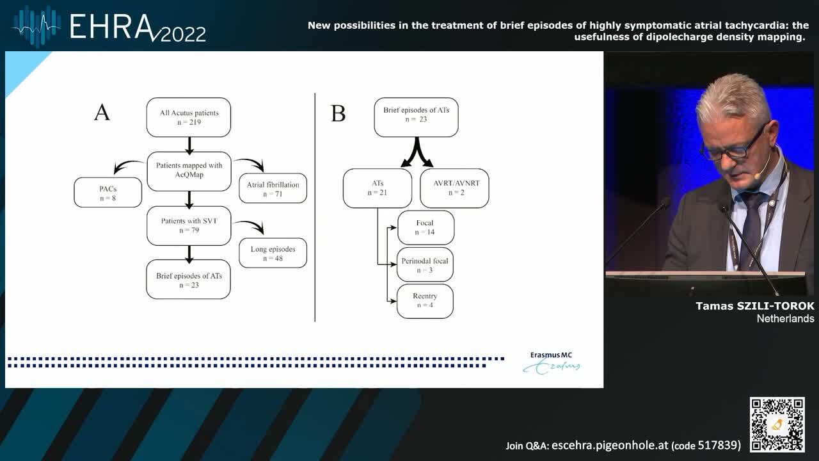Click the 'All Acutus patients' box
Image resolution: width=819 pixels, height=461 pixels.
click(189, 117)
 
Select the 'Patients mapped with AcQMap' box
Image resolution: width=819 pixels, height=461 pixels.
click(189, 171)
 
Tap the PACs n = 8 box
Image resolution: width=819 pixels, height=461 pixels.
click(108, 193)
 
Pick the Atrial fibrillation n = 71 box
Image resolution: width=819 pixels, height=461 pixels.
click(273, 188)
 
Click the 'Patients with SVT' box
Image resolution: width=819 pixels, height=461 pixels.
click(189, 226)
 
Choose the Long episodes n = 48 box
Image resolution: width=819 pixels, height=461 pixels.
click(273, 253)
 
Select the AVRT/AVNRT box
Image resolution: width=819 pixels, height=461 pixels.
click(454, 188)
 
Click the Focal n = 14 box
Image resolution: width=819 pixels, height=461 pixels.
click(426, 227)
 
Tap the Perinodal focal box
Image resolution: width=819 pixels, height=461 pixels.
click(425, 265)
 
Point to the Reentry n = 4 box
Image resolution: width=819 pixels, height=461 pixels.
click(425, 301)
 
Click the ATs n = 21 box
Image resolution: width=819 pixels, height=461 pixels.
click(378, 188)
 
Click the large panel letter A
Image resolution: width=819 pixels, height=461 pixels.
click(102, 112)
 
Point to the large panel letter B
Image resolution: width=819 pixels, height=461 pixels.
click(338, 113)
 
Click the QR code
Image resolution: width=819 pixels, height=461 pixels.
click(777, 425)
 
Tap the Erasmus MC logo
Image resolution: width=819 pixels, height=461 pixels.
click(552, 362)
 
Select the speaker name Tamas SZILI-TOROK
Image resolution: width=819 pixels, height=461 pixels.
click(755, 306)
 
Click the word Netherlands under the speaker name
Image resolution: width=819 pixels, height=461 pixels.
click(785, 319)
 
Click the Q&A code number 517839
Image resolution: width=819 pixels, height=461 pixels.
click(720, 445)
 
